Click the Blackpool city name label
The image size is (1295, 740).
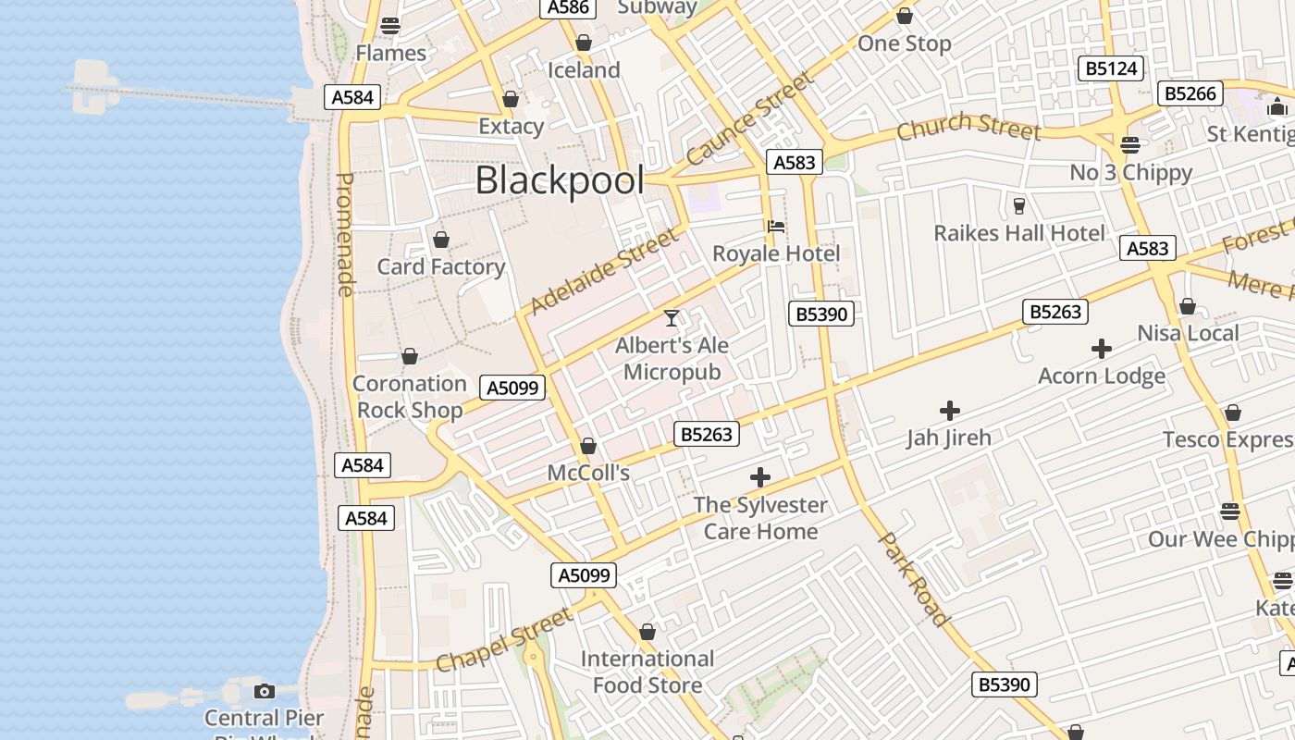click(x=560, y=180)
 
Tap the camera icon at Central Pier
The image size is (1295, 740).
click(x=265, y=691)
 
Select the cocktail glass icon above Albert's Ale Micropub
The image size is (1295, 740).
click(x=672, y=318)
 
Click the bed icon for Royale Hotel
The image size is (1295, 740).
click(x=776, y=227)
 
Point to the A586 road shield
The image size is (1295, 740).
click(x=568, y=7)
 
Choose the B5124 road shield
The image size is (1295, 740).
click(x=1112, y=68)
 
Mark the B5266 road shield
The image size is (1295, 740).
click(x=1190, y=93)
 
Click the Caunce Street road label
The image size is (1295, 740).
click(x=751, y=118)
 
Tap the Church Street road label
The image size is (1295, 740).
click(x=968, y=127)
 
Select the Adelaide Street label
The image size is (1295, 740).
click(x=604, y=271)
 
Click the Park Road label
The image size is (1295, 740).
click(x=914, y=579)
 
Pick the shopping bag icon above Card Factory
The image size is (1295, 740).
click(x=441, y=240)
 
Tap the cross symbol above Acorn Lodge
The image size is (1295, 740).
click(x=1101, y=349)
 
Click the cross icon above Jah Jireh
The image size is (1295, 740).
click(x=949, y=411)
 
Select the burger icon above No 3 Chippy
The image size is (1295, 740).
click(x=1129, y=145)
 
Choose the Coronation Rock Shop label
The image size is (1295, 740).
click(x=410, y=397)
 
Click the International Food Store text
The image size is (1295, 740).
click(x=647, y=672)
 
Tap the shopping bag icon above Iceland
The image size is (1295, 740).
click(x=584, y=43)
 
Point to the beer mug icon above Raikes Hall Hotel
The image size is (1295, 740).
click(x=1019, y=205)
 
